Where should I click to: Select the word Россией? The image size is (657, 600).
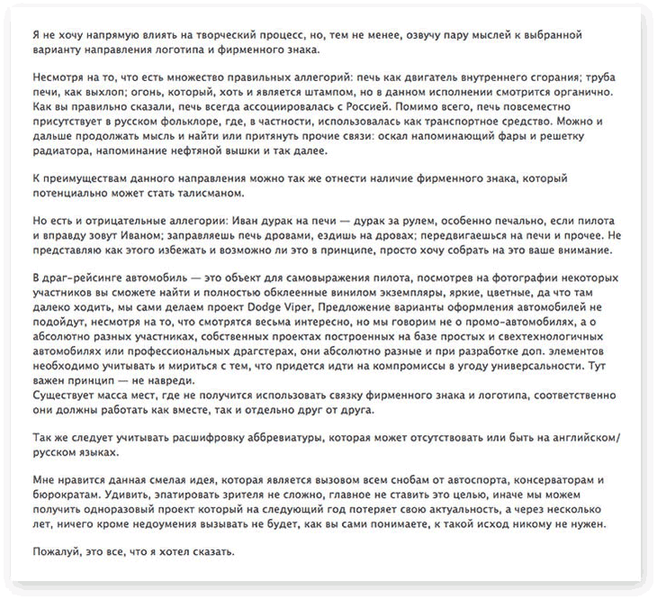(329, 105)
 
